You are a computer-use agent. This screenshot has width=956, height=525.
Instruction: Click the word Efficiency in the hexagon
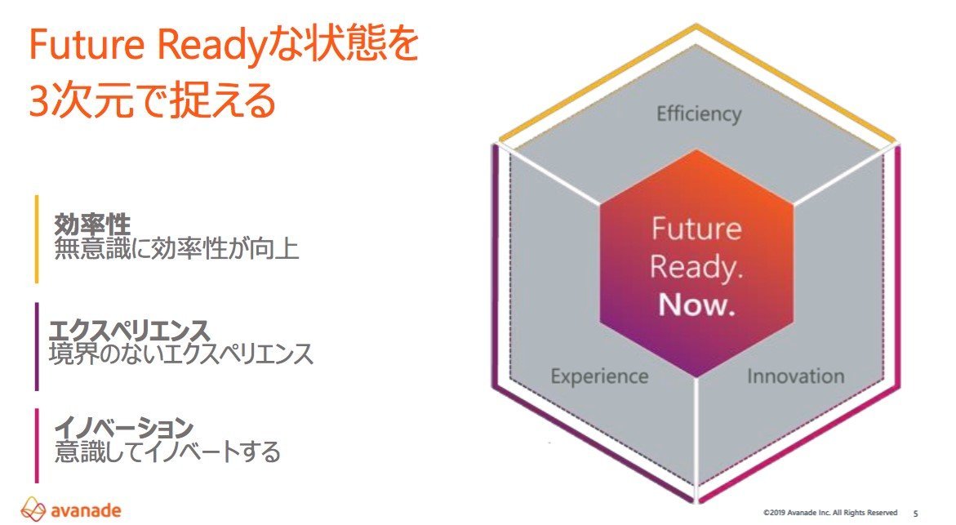click(699, 114)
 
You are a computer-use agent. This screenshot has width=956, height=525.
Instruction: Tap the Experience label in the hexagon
click(599, 376)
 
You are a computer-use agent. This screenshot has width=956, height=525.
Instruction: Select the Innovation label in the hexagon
click(796, 376)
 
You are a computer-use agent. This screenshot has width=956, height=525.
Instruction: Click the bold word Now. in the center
click(697, 305)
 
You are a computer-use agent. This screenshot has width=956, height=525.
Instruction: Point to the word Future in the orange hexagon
click(697, 229)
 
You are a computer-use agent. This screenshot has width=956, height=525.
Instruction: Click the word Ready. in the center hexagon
click(696, 268)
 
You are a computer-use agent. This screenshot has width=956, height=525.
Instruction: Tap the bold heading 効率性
click(92, 225)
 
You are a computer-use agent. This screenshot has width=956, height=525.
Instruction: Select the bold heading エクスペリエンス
click(129, 331)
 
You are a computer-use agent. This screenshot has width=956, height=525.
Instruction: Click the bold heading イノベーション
click(124, 428)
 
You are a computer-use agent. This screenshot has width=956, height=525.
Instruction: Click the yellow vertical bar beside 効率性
click(37, 239)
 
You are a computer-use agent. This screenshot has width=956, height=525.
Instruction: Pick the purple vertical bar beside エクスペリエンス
click(37, 346)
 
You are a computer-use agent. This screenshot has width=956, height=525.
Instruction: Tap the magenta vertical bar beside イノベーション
click(37, 446)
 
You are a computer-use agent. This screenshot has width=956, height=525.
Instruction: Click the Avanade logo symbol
click(33, 509)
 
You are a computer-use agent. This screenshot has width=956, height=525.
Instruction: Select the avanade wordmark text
click(86, 509)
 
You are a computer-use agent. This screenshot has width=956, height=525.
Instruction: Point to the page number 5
click(915, 514)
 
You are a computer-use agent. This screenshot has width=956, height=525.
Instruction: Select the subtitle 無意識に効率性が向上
click(177, 249)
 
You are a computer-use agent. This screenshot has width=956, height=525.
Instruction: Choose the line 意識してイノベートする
click(167, 452)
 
